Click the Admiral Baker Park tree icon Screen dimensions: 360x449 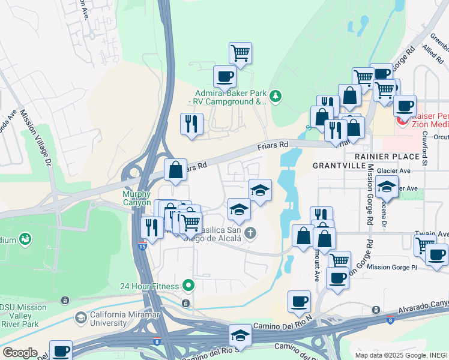(276, 96)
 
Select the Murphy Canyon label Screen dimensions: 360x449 (137, 199)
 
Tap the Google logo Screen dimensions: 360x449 (20, 353)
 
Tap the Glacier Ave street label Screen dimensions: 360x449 (393, 170)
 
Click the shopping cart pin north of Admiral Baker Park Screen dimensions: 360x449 (240, 53)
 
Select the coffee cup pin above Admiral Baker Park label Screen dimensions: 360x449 (225, 76)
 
